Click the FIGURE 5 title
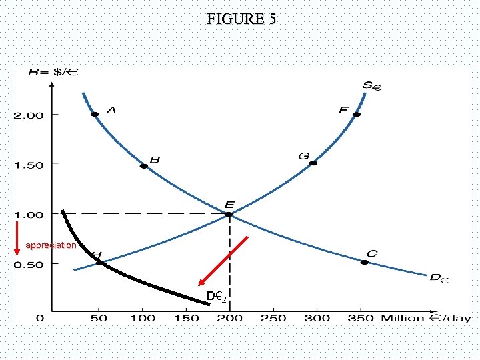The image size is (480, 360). (x=240, y=19)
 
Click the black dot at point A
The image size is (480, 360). (x=95, y=115)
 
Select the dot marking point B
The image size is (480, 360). (x=143, y=166)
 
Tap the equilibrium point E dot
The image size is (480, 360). (x=229, y=214)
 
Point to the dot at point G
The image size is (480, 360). (x=313, y=163)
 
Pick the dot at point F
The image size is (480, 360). (x=357, y=115)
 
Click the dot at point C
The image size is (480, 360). (x=364, y=263)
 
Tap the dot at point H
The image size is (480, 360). (x=100, y=263)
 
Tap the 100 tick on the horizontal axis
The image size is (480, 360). (x=143, y=318)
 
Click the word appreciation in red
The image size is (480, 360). (x=51, y=245)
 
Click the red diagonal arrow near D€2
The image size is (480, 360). (x=224, y=260)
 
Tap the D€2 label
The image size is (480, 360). (x=215, y=296)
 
